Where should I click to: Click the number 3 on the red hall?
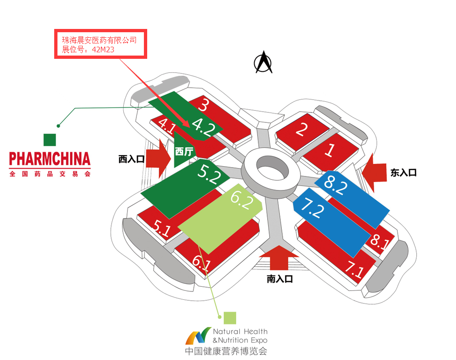tap(203, 105)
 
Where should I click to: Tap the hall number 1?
tap(330, 150)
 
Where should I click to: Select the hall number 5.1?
tap(162, 228)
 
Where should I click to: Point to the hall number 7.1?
tap(354, 270)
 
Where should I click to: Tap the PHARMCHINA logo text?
tap(50, 160)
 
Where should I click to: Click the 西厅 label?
tap(183, 151)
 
